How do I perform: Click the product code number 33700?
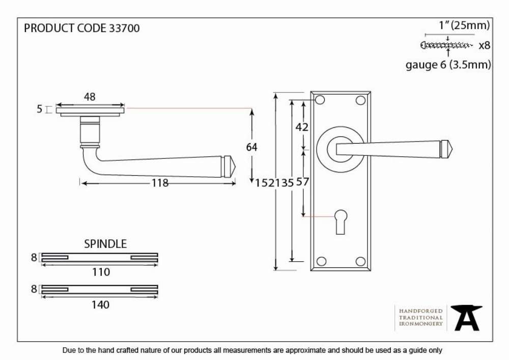(x=124, y=28)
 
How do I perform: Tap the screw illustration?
(x=447, y=45)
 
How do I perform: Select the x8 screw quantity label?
(x=485, y=45)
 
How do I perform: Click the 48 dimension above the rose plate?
(x=90, y=97)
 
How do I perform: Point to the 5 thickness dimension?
(x=40, y=109)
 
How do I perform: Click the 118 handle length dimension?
(x=160, y=183)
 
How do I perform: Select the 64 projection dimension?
(x=251, y=147)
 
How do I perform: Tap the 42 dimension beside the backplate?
(x=302, y=127)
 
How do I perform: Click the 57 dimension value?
(x=302, y=182)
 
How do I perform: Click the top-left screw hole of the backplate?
(x=320, y=100)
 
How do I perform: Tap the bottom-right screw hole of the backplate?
(x=361, y=261)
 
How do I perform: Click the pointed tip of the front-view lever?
(x=452, y=149)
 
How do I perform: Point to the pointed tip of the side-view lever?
(x=235, y=168)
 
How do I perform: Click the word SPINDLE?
(x=105, y=244)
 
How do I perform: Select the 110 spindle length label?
(x=101, y=272)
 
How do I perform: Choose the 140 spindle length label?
(x=100, y=305)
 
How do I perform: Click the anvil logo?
(x=466, y=318)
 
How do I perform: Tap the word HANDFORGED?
(x=421, y=311)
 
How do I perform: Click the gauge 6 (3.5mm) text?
(x=448, y=65)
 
